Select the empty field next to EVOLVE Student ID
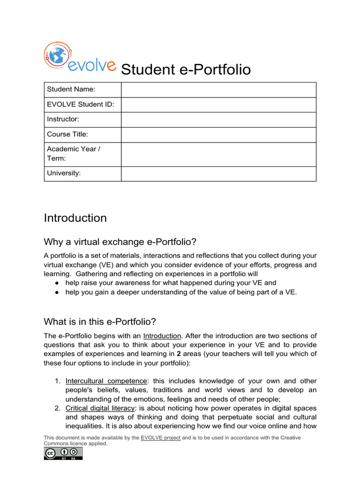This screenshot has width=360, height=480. click(x=218, y=104)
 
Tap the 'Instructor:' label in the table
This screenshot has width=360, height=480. click(x=63, y=119)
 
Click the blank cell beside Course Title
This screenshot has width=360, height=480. click(x=218, y=135)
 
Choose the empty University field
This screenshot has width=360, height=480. click(x=218, y=173)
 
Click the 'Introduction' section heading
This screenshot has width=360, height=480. click(x=75, y=218)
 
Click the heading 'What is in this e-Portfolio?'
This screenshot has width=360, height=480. click(x=99, y=322)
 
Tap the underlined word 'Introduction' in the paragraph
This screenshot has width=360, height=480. click(x=162, y=336)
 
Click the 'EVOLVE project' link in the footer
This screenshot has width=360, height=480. click(x=160, y=438)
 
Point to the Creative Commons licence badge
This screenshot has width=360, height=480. click(x=63, y=453)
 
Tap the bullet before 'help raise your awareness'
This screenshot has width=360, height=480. click(x=56, y=283)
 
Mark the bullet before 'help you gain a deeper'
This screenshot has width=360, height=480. click(x=56, y=292)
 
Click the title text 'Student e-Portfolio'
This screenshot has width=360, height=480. click(x=186, y=70)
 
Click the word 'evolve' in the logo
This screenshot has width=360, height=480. click(x=92, y=66)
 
